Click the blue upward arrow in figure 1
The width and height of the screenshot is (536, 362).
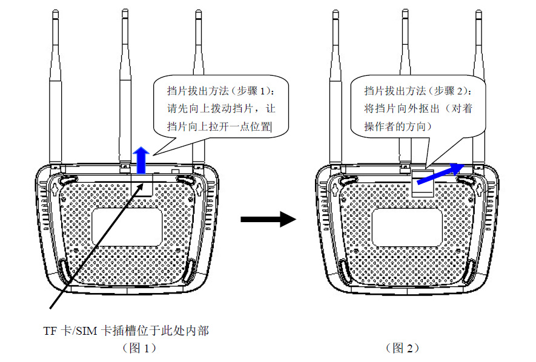pos(141,160)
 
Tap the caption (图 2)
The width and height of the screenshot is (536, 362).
pos(402,348)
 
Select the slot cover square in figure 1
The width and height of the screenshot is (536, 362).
pos(143,185)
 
